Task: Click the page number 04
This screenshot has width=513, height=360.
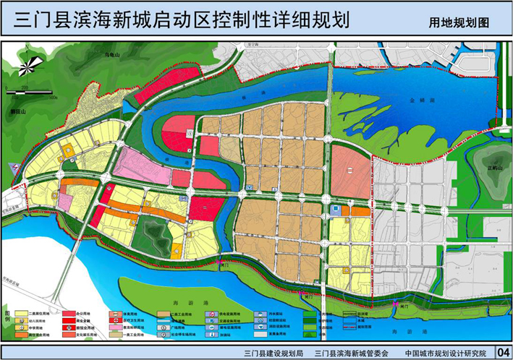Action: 503,352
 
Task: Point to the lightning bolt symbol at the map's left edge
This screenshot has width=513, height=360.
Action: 12,166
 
